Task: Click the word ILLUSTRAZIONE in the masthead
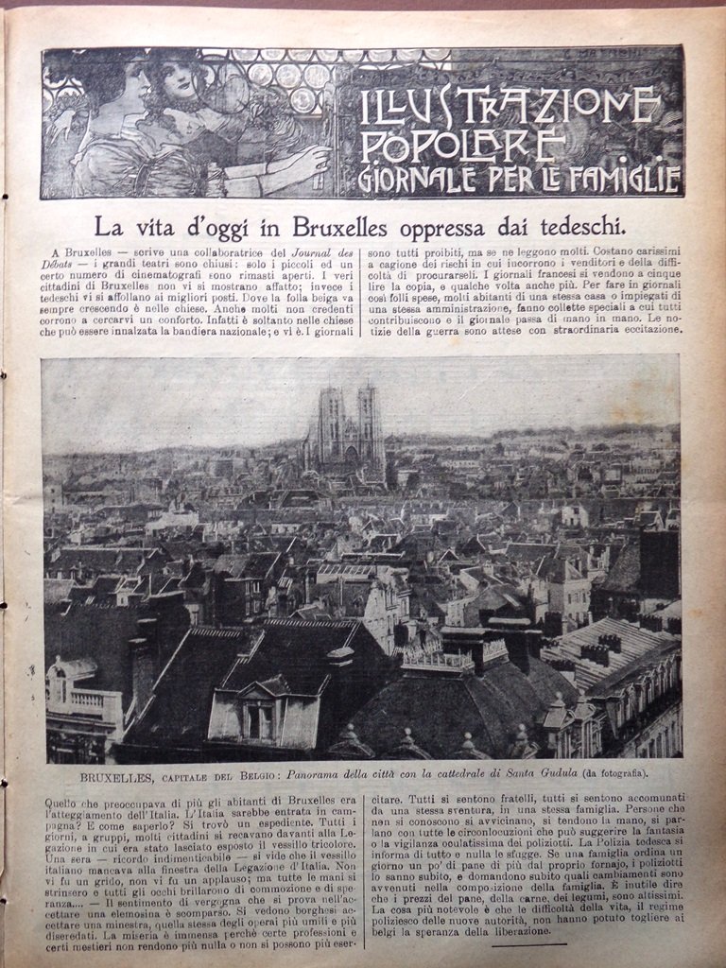tap(509, 107)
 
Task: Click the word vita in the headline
tap(151, 227)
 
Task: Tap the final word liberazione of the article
tap(515, 931)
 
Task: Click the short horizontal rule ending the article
tap(528, 943)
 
